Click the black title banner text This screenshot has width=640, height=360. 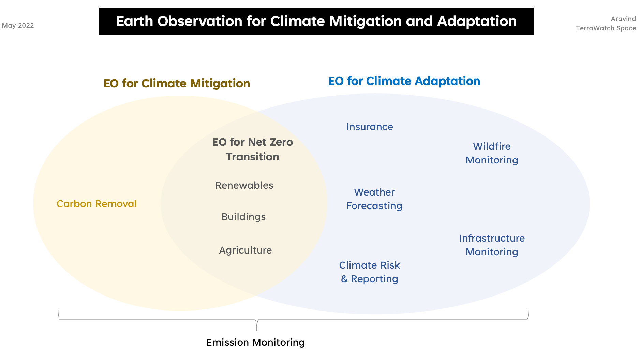point(316,21)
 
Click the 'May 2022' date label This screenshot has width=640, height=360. point(18,26)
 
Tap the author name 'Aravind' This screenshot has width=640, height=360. point(623,19)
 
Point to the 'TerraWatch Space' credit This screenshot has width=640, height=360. point(606,28)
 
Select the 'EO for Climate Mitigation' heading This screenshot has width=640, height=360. point(177,84)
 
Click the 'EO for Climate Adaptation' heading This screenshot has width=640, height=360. point(404,81)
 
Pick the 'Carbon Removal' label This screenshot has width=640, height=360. point(96,204)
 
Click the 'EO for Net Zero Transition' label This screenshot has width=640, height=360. point(252,149)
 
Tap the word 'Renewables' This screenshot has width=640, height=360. point(244,185)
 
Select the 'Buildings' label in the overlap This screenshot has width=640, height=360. point(243,217)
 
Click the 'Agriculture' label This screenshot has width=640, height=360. point(245,250)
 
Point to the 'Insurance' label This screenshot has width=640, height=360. point(370,127)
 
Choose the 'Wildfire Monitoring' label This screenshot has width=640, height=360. point(492,154)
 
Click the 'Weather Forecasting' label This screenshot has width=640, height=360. point(374,199)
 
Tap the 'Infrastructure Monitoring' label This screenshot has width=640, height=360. point(492,245)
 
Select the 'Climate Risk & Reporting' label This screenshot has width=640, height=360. point(370,272)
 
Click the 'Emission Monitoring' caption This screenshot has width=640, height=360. point(255,343)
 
